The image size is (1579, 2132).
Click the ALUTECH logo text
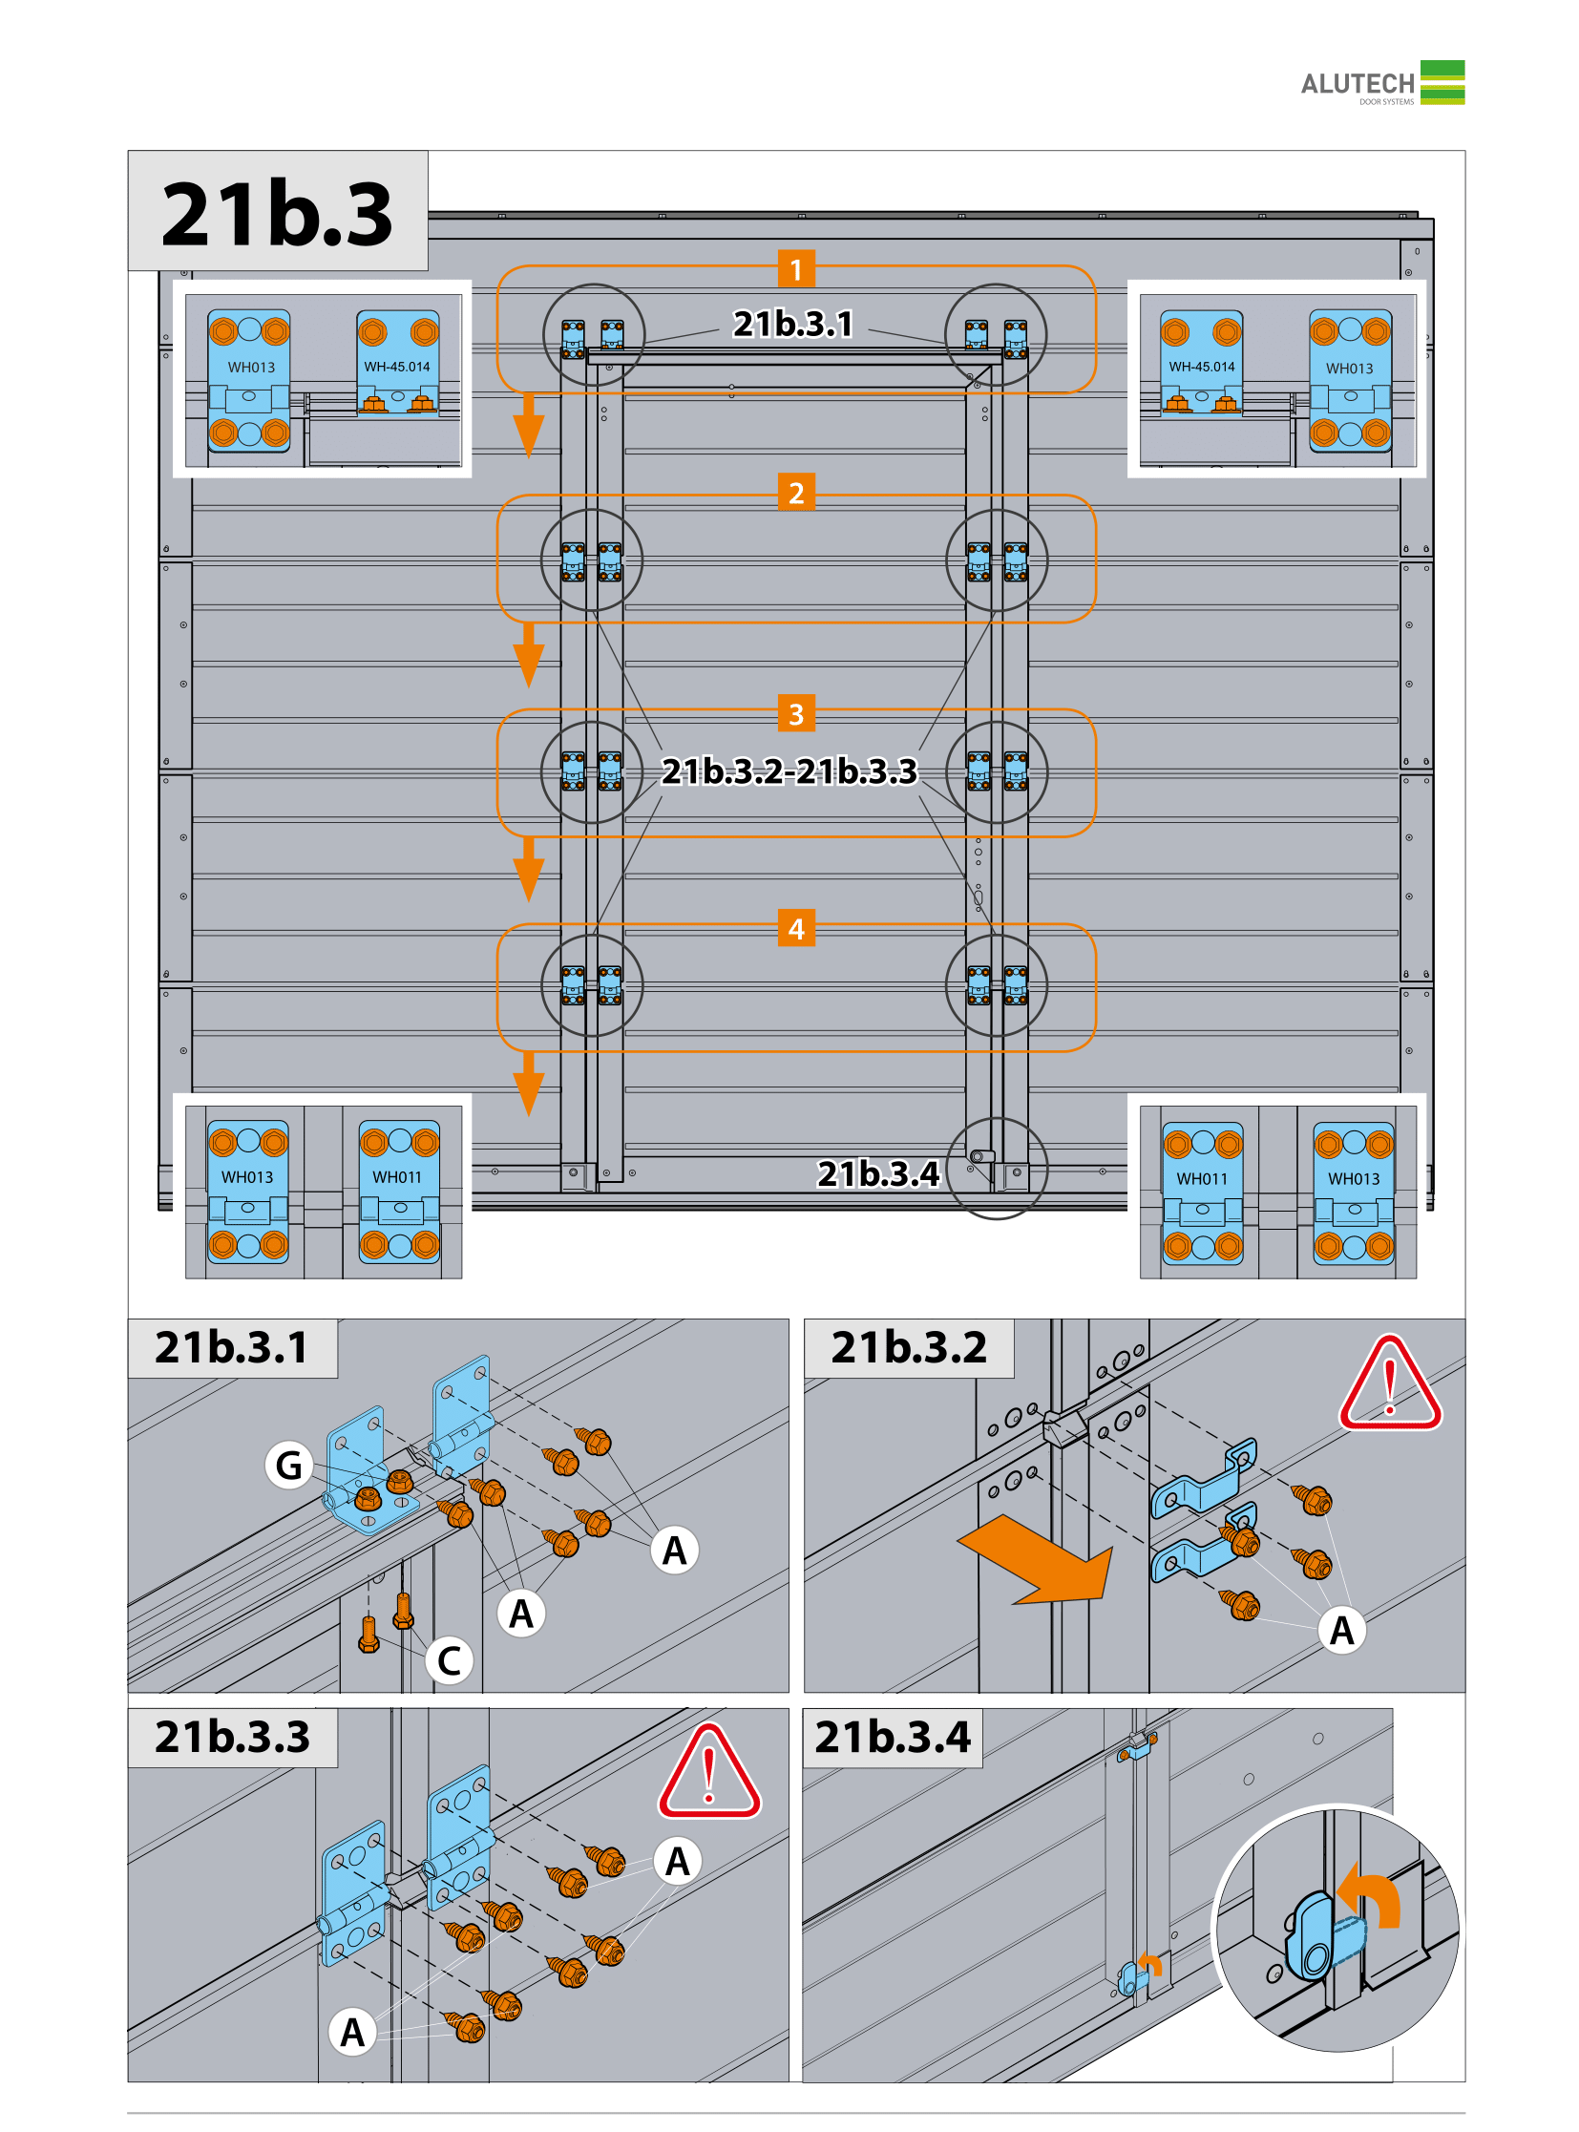pos(1357,84)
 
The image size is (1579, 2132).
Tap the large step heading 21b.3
pos(277,213)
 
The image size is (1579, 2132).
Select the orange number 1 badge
pos(796,269)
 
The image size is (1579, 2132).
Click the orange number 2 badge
pos(796,493)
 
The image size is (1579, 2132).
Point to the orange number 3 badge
pos(796,713)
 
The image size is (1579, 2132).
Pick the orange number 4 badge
pos(796,928)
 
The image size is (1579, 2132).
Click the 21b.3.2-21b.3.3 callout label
pos(789,770)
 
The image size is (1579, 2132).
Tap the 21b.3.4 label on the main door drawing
pos(878,1173)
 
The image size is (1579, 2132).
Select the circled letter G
pos(288,1465)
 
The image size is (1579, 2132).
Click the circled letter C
pos(450,1660)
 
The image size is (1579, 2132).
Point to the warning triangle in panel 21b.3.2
pos(1390,1384)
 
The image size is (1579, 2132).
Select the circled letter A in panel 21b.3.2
pos(1342,1630)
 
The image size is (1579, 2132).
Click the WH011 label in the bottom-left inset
pos(397,1177)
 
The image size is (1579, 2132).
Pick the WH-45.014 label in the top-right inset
pos(1202,367)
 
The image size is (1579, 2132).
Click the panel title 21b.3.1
pos(231,1347)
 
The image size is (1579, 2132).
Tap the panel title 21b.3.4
pos(892,1736)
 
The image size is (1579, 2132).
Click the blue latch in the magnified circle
pos(1319,1936)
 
